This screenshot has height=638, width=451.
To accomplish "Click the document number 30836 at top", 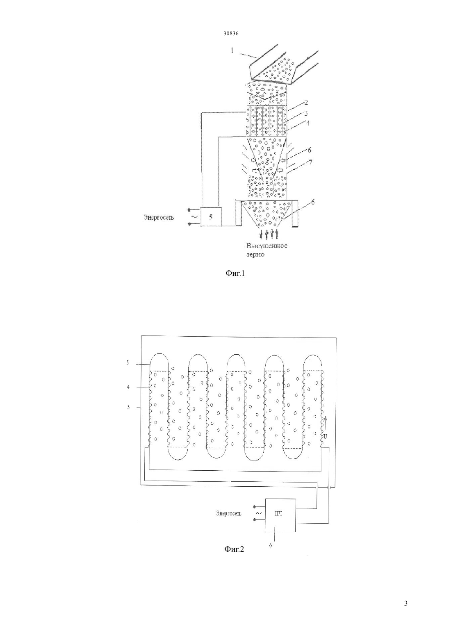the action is click(x=230, y=33).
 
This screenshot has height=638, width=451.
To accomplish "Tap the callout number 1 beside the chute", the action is click(x=232, y=50).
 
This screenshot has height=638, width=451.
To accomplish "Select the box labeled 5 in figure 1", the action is click(x=211, y=217).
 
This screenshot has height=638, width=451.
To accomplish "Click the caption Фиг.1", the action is click(x=235, y=274).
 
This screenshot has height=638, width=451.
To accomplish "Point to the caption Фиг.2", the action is click(x=235, y=549).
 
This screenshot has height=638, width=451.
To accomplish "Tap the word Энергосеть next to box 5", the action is click(x=159, y=218).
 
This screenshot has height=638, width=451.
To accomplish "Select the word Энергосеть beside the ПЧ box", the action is click(x=229, y=514).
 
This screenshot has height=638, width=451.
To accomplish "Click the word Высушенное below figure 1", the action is click(x=267, y=246).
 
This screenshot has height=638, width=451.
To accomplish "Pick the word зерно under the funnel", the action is click(x=255, y=255).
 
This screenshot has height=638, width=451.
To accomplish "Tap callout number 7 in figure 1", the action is click(x=310, y=162).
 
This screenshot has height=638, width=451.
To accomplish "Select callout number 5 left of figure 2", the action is click(x=128, y=362).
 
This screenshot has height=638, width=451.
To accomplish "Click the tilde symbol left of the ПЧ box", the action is click(x=259, y=513).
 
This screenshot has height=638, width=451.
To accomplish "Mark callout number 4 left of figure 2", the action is click(x=128, y=387).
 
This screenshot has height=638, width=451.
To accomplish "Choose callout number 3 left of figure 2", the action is click(x=128, y=408).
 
